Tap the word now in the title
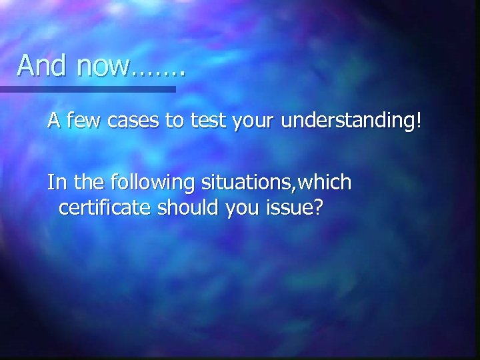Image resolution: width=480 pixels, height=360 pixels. click(103, 65)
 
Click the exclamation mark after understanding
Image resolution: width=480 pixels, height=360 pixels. click(419, 123)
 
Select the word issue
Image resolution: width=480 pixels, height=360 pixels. click(288, 208)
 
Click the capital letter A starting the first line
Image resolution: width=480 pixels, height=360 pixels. click(53, 123)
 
